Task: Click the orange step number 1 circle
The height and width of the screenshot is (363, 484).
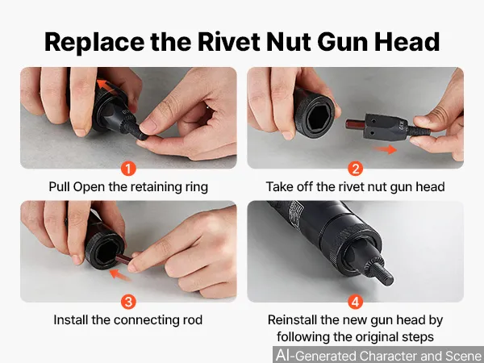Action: pyautogui.click(x=128, y=169)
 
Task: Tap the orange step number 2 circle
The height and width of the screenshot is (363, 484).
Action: pyautogui.click(x=355, y=169)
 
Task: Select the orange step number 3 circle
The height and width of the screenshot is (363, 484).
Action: pyautogui.click(x=128, y=302)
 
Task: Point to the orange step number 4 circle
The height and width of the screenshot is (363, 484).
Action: pyautogui.click(x=355, y=302)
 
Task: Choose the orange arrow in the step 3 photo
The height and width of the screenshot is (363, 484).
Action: pyautogui.click(x=120, y=274)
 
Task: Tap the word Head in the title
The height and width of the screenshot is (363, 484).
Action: pyautogui.click(x=407, y=42)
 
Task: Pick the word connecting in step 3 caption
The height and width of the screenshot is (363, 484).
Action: pyautogui.click(x=145, y=320)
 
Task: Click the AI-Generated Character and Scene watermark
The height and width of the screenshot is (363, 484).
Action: pyautogui.click(x=379, y=355)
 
